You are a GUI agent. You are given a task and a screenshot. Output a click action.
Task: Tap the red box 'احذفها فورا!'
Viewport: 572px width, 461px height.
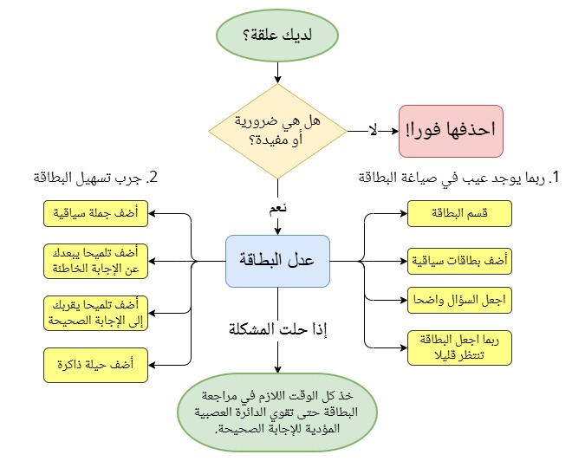[462, 131]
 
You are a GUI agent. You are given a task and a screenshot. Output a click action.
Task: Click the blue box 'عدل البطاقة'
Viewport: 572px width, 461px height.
[277, 260]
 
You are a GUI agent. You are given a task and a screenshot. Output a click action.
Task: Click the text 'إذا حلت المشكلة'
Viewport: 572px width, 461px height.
[277, 330]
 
